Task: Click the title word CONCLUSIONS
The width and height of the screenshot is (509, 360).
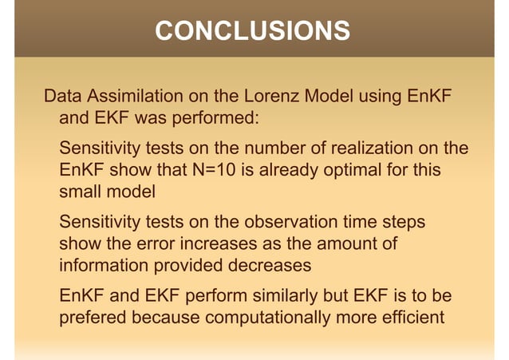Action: (252, 31)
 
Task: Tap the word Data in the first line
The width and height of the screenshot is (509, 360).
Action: (62, 98)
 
